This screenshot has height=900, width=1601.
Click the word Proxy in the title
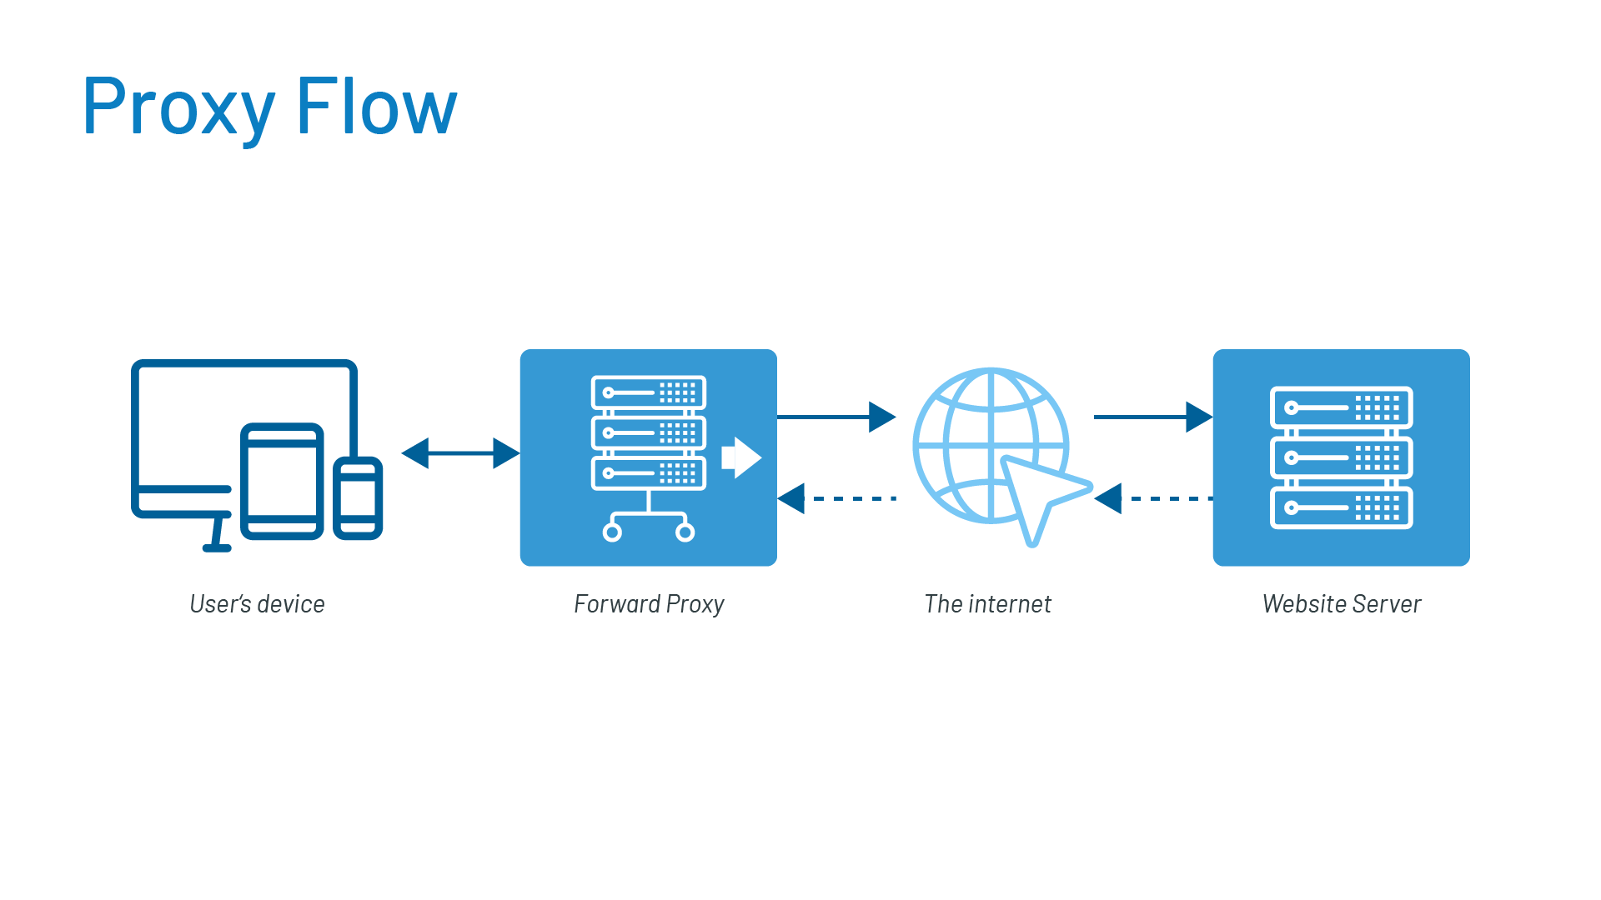178,107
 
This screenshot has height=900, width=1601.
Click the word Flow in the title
376,107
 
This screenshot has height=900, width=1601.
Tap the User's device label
257,604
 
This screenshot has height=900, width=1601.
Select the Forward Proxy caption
649,604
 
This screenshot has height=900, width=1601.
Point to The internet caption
988,604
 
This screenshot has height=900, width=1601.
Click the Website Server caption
1342,604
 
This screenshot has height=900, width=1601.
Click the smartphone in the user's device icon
358,497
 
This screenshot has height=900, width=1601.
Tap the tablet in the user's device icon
282,481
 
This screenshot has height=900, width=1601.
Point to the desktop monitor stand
218,533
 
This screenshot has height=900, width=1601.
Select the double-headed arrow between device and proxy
460,453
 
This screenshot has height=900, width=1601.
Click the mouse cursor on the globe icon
1040,496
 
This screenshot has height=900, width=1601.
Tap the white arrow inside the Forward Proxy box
740,457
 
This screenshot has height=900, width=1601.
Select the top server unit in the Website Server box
1341,407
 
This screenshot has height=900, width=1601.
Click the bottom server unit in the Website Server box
1341,507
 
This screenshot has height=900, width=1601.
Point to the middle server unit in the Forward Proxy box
649,432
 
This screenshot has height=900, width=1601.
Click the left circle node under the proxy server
612,532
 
